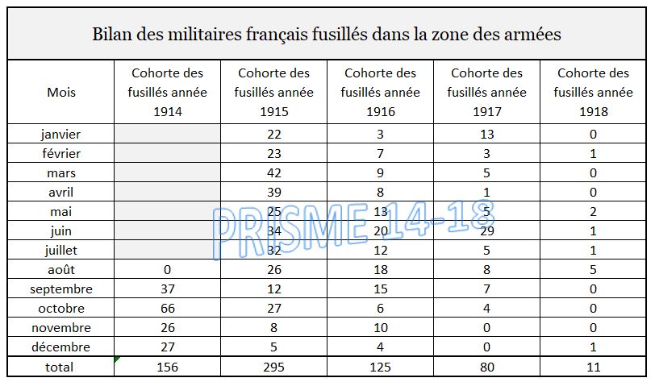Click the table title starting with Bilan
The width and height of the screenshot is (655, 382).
pos(327,35)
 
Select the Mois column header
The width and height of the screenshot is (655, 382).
pos(61,93)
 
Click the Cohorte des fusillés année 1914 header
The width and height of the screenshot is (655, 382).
pos(168,93)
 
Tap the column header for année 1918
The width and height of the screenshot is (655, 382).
pos(594,93)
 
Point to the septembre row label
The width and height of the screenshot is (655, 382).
pos(61,289)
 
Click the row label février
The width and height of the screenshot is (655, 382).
pos(61,152)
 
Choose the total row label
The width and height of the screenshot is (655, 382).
pos(61,367)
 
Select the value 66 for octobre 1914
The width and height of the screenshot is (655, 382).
pos(168,308)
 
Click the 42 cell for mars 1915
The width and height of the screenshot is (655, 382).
pos(274,172)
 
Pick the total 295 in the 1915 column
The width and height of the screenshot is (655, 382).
pos(274,367)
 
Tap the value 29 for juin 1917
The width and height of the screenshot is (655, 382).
pos(487,230)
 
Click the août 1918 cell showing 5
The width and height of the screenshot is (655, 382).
pos(594,269)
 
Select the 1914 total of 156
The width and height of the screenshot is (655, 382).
pos(168,367)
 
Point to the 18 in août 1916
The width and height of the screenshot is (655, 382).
pos(381,269)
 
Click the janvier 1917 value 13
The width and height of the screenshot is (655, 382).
pos(487,133)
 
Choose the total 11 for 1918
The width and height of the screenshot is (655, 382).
pos(594,367)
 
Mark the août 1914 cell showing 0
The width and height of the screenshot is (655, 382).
pos(168,269)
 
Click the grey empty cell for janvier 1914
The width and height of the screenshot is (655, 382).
pos(168,133)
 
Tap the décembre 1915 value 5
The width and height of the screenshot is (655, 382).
pos(274,347)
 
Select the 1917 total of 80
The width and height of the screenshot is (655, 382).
pos(487,367)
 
